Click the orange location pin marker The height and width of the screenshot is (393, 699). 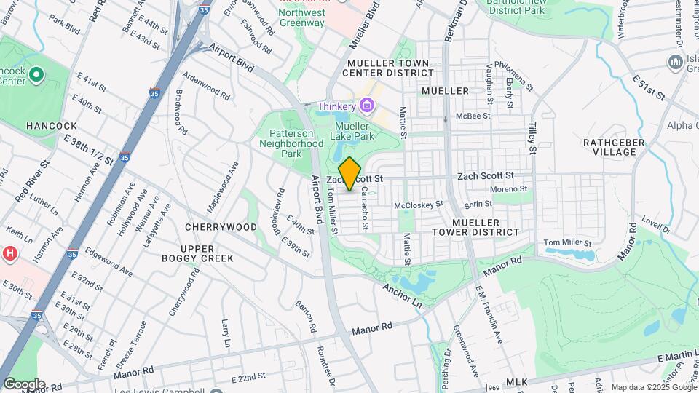point(350,174)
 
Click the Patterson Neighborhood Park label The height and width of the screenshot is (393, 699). point(291,143)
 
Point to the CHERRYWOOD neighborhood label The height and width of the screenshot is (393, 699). point(221,227)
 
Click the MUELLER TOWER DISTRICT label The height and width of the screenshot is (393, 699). point(486,227)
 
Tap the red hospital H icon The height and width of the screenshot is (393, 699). point(10,254)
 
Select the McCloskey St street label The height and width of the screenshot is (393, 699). point(419,206)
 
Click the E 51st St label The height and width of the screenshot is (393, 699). point(649,87)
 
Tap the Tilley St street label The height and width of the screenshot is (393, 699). point(532,139)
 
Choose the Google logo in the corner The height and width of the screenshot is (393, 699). point(24,384)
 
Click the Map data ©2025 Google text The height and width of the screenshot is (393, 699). point(653,387)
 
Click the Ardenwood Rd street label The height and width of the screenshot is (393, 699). point(206,86)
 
